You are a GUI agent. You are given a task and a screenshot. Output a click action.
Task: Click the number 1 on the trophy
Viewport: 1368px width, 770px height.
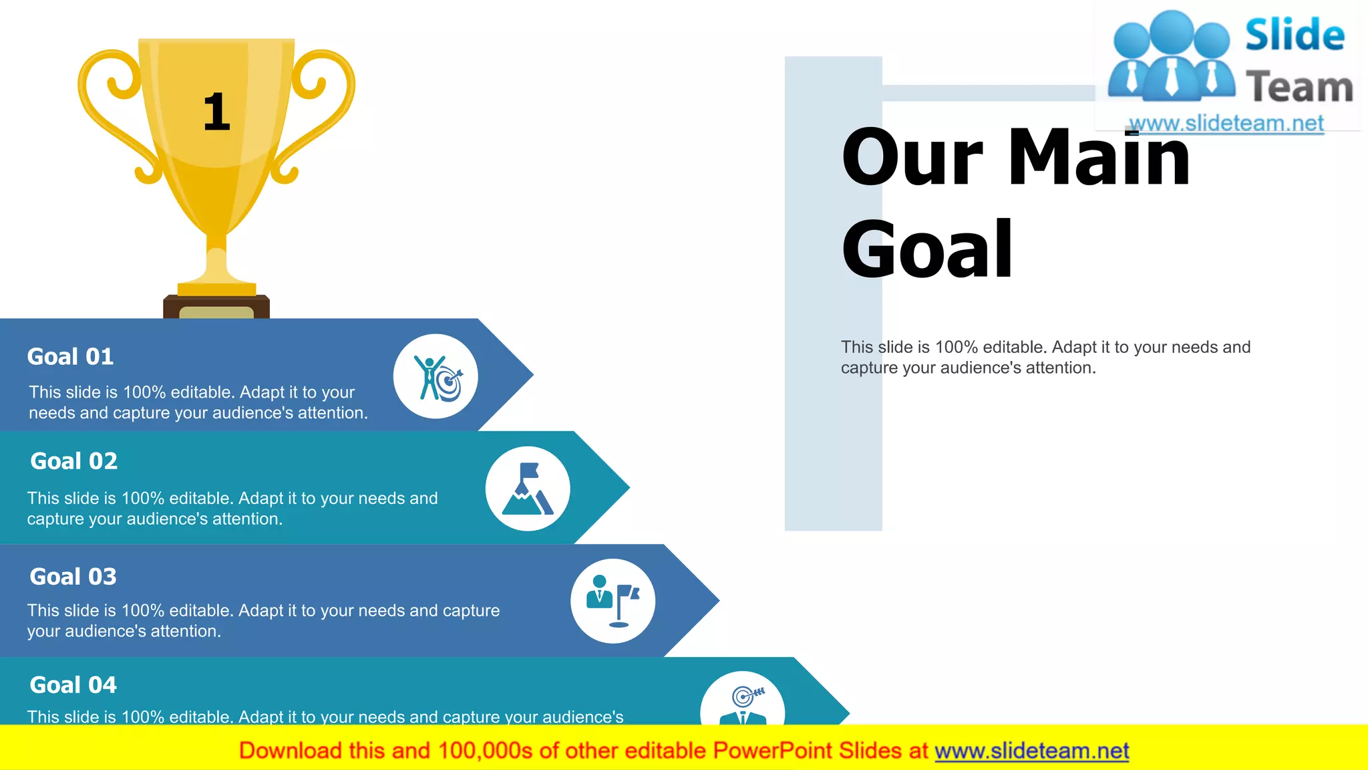pyautogui.click(x=216, y=112)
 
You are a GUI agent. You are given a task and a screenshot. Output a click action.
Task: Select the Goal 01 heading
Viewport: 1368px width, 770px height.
pyautogui.click(x=70, y=357)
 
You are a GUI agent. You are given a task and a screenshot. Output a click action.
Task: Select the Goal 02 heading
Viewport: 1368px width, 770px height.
pyautogui.click(x=74, y=461)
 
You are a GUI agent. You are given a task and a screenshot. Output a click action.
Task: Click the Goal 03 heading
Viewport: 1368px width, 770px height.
pyautogui.click(x=73, y=577)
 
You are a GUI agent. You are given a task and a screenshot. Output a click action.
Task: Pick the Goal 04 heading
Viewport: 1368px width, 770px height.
pyautogui.click(x=73, y=685)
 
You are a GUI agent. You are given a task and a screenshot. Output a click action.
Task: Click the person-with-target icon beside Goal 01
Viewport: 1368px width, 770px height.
pyautogui.click(x=436, y=377)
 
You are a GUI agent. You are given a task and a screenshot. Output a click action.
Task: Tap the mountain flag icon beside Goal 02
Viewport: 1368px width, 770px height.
pyautogui.click(x=528, y=489)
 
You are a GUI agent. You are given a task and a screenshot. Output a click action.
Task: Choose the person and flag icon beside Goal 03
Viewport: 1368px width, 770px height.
pyautogui.click(x=613, y=601)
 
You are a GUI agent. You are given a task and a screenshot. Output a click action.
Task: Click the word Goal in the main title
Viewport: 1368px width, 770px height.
pyautogui.click(x=927, y=250)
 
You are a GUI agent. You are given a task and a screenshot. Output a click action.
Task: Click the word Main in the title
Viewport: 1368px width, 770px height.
pyautogui.click(x=1099, y=158)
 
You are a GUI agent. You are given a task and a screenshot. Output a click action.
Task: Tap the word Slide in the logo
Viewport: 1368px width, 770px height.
pyautogui.click(x=1295, y=35)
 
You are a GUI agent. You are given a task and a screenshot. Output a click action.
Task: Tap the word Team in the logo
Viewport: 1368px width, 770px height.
pyautogui.click(x=1299, y=88)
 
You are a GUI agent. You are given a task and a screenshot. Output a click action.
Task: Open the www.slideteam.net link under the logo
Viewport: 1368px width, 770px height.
pyautogui.click(x=1226, y=124)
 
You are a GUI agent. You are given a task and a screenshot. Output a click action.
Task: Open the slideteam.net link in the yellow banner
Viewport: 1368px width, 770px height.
pyautogui.click(x=1031, y=751)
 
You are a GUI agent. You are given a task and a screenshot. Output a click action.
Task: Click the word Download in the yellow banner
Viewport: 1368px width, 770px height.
pyautogui.click(x=290, y=751)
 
